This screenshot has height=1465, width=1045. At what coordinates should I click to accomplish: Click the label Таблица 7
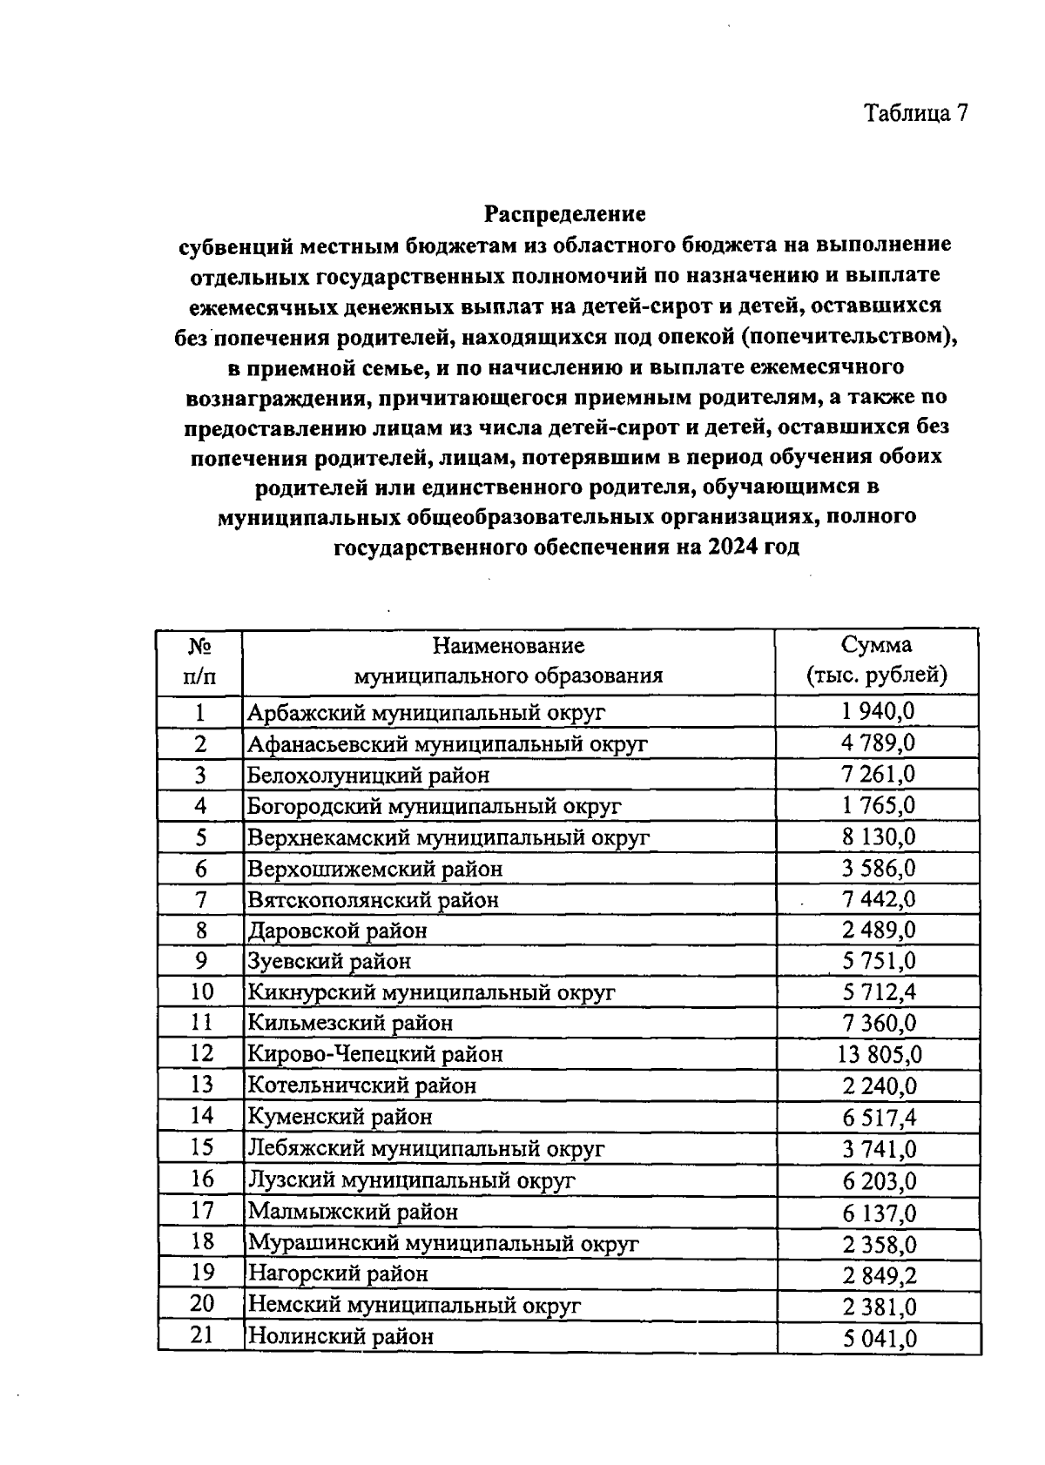915,113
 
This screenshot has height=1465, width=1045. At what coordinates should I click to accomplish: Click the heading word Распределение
565,213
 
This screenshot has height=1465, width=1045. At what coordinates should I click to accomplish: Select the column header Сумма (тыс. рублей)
876,660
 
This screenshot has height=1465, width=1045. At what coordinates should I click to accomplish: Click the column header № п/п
199,660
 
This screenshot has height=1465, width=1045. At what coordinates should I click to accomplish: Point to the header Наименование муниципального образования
508,660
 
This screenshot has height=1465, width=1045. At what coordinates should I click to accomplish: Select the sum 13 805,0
879,1054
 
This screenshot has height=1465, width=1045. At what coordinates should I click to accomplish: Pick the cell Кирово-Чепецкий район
375,1054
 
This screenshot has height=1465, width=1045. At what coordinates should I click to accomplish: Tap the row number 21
201,1334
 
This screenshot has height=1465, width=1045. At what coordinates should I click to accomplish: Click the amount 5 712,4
879,992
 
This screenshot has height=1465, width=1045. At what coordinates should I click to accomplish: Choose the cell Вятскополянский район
374,899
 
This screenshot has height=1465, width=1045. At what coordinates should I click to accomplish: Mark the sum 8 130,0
879,837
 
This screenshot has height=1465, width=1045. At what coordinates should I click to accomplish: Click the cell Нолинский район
340,1336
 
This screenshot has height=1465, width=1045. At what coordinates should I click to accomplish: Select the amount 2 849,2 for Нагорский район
879,1275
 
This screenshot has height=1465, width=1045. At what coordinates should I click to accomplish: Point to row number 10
201,991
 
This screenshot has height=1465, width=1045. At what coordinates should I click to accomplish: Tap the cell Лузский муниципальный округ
412,1180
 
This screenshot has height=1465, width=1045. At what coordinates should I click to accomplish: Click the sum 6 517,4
879,1118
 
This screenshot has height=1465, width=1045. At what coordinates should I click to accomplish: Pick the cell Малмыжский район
353,1211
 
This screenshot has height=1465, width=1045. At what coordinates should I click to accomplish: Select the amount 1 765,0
879,806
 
